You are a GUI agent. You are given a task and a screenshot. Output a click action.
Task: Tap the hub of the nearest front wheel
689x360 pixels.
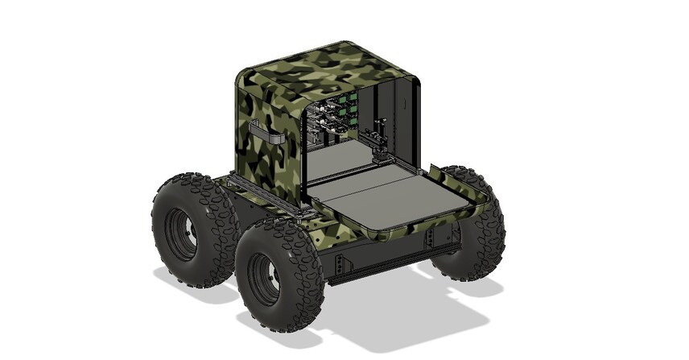pos(263,279)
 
